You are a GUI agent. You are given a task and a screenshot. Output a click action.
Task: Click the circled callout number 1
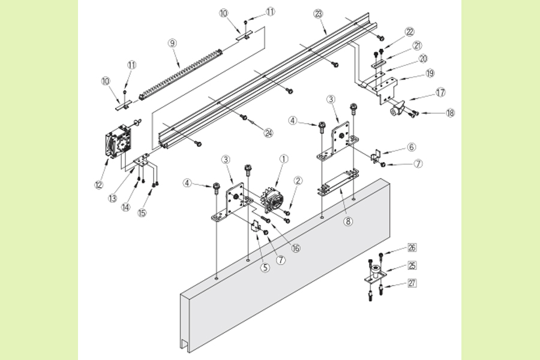(x=284, y=160)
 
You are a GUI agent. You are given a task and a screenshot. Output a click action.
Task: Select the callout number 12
(x=99, y=185)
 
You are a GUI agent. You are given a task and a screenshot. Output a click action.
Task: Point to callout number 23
(x=319, y=13)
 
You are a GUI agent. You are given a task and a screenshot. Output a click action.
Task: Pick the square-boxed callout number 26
(x=394, y=247)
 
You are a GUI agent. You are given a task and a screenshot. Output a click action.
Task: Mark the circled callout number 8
(x=347, y=221)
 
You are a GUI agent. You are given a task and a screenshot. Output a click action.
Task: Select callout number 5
(x=265, y=268)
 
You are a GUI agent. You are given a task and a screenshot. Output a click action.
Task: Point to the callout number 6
(x=411, y=147)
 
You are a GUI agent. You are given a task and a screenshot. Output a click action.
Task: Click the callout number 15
(x=142, y=212)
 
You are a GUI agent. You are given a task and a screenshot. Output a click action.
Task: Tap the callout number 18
(x=450, y=112)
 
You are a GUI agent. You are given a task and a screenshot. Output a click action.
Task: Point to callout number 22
(x=410, y=32)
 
